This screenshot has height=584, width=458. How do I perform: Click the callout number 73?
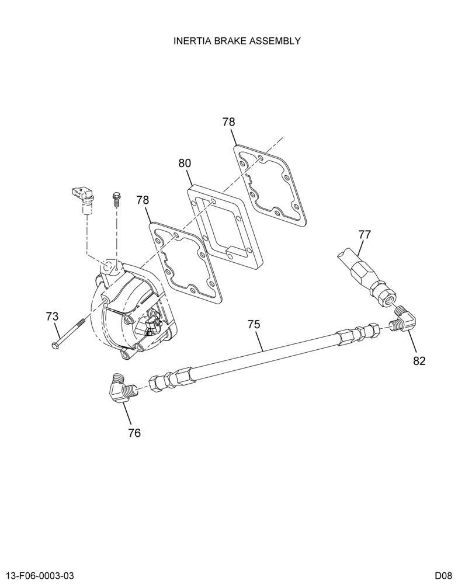click(x=52, y=317)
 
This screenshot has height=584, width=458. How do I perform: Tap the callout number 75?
click(x=254, y=324)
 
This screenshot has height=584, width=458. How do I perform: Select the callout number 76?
click(x=134, y=433)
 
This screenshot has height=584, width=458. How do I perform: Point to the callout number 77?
click(x=365, y=235)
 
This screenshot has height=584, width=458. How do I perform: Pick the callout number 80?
click(x=185, y=163)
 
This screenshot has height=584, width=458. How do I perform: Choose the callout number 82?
click(x=419, y=360)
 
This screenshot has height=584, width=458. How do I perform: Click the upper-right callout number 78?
click(x=229, y=122)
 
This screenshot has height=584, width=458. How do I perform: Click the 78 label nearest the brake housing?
click(x=143, y=200)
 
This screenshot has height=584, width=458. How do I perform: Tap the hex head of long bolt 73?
click(x=55, y=345)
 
